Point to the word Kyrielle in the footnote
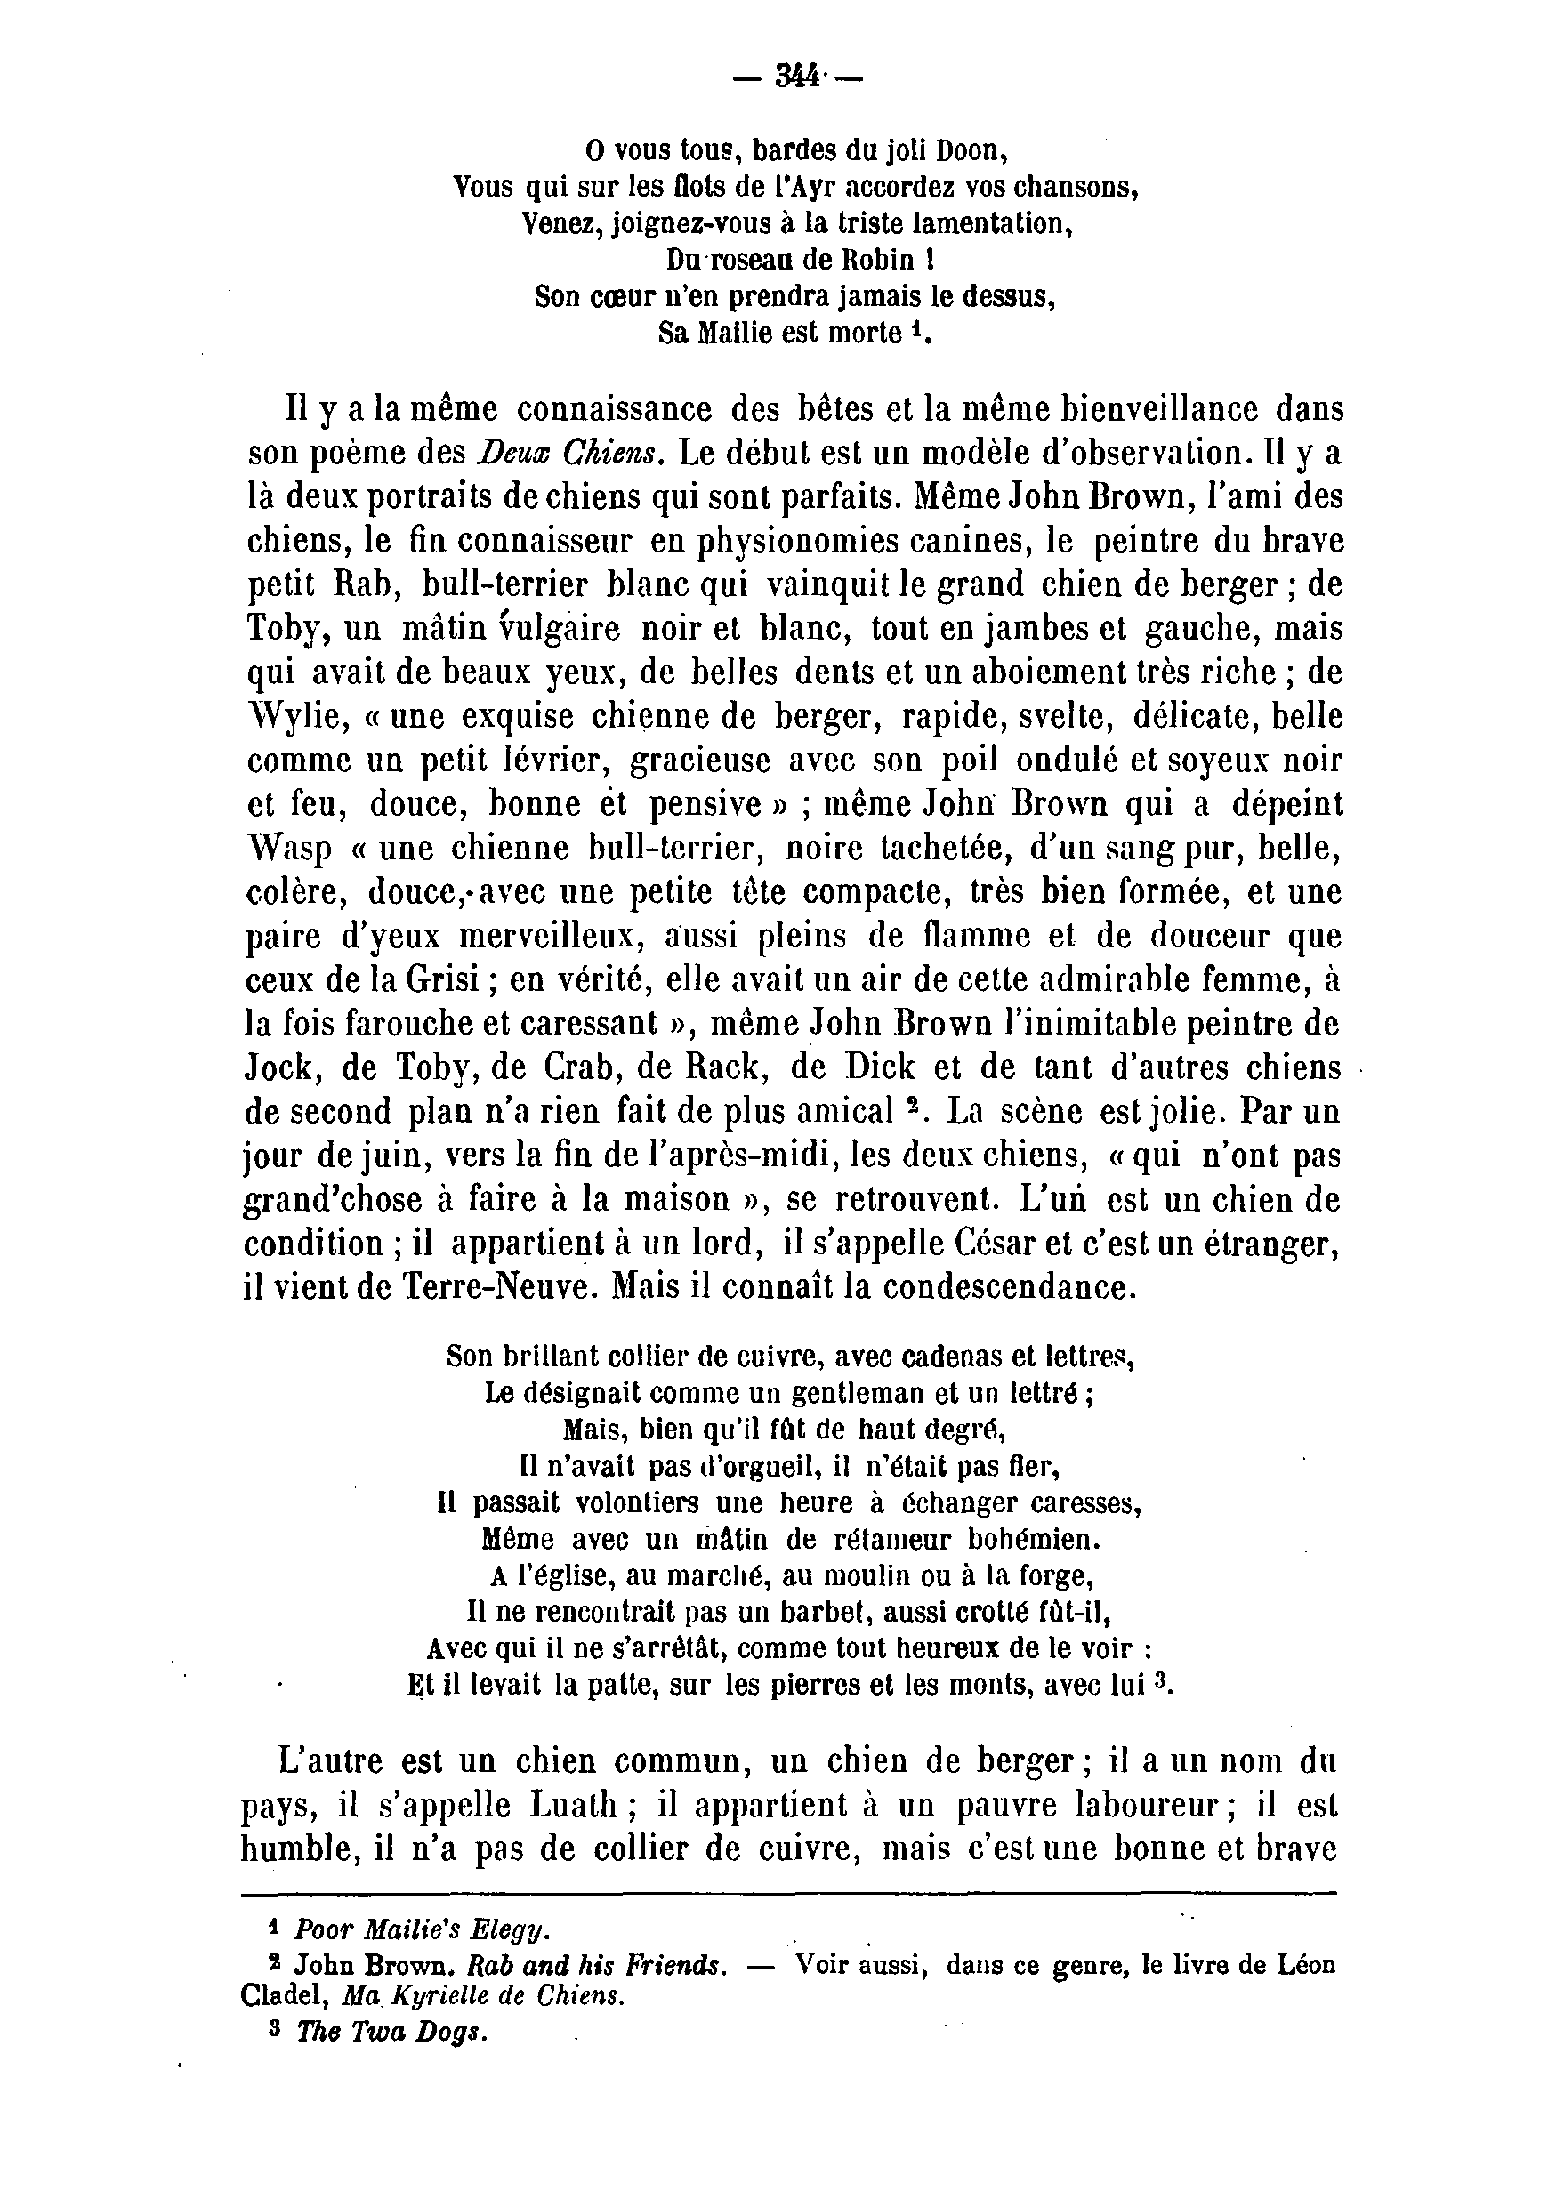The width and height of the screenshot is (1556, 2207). pyautogui.click(x=442, y=1997)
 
